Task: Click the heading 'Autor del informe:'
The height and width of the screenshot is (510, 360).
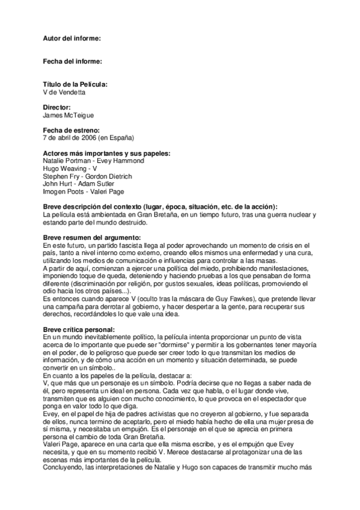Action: [72, 38]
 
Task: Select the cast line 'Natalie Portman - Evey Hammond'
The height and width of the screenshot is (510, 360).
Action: [94, 161]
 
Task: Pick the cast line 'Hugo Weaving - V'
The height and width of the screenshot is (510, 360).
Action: [70, 169]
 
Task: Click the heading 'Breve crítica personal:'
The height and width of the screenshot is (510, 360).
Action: [79, 330]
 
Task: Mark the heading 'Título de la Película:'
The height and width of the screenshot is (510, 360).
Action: [76, 85]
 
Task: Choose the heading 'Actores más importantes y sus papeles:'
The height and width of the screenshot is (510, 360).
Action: [107, 153]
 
